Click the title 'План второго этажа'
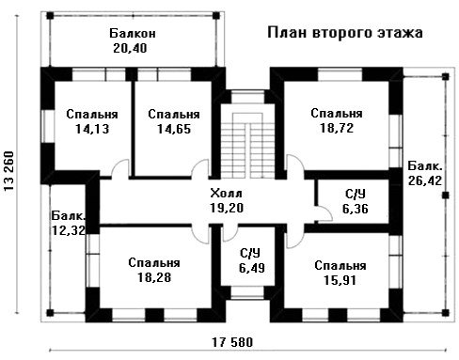click(345, 33)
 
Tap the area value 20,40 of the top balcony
click(130, 49)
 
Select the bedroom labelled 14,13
click(92, 125)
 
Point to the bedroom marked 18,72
click(337, 125)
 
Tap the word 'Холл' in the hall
click(226, 194)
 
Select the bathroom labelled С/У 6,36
click(354, 201)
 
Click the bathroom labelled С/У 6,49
click(247, 257)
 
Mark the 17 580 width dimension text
click(232, 342)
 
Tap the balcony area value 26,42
click(425, 180)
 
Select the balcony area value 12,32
click(68, 230)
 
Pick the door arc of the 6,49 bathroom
click(230, 235)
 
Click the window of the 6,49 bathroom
click(247, 292)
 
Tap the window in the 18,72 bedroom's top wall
click(340, 75)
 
